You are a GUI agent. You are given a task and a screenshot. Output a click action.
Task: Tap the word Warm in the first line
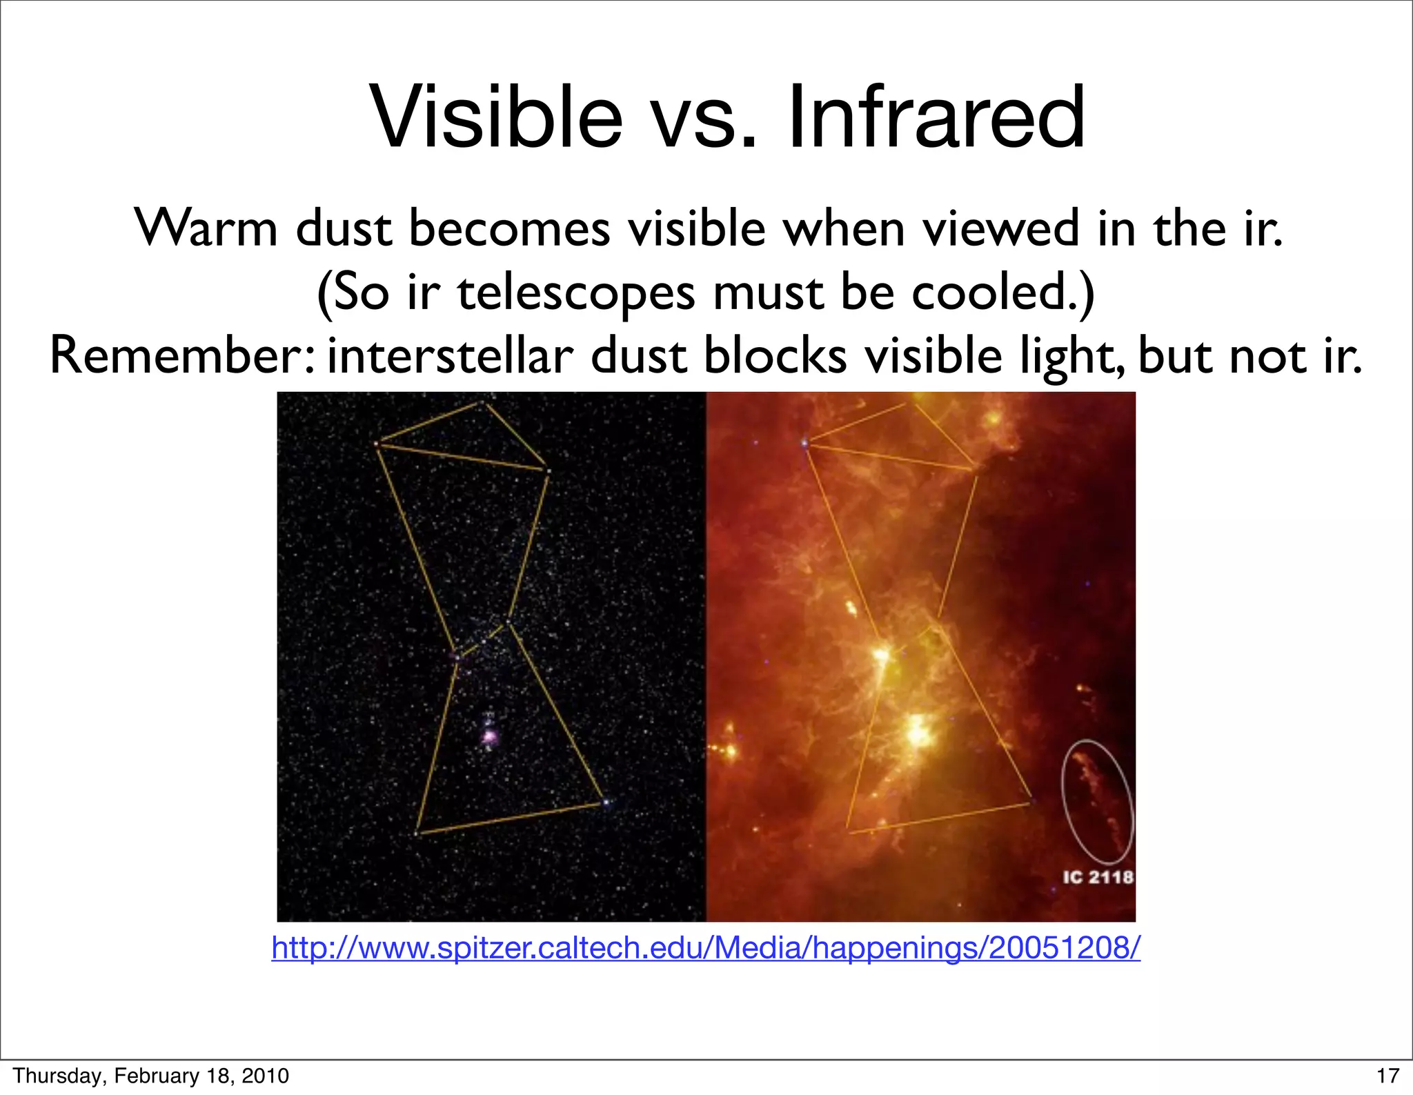pos(205,228)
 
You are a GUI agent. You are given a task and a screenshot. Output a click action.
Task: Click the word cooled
pos(1002,293)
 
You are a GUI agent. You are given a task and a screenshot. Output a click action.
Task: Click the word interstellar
pos(450,357)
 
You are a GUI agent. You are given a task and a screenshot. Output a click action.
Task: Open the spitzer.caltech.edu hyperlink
pos(706,948)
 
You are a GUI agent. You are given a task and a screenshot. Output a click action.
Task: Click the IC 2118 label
pos(1098,877)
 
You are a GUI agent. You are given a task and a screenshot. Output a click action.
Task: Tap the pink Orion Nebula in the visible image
pos(489,738)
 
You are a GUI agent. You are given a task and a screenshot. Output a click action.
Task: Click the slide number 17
pos(1387,1076)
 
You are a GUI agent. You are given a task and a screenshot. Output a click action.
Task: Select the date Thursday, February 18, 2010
pos(151,1076)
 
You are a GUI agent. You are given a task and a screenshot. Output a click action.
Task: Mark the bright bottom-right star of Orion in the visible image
pos(606,802)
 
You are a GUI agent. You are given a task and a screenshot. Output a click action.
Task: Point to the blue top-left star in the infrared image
pos(804,443)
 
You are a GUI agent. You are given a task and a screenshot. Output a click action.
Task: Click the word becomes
pos(509,228)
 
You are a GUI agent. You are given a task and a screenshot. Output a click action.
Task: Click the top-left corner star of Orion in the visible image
pos(377,444)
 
